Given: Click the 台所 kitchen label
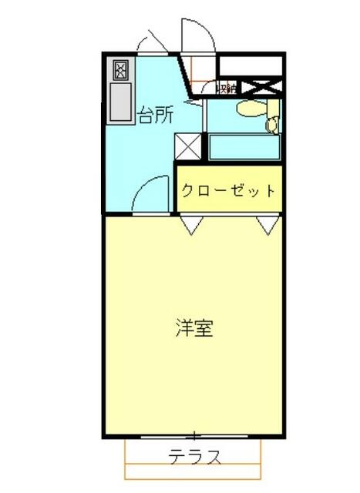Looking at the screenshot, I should point(155,116).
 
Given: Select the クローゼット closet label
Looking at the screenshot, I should point(228,189).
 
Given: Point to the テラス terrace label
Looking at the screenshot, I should point(196,457).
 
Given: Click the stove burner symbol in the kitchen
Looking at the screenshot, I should point(121,71).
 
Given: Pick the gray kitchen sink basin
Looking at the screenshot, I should point(121,102).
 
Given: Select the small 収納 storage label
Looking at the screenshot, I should point(227,88).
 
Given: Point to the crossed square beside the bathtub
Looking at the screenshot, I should point(187,146).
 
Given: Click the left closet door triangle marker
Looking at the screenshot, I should point(192,225).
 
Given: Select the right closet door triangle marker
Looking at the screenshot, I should point(267,225).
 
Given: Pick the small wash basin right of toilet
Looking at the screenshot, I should point(272,122).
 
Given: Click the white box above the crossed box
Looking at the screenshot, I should point(251,65).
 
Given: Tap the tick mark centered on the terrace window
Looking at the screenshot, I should point(196,435).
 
